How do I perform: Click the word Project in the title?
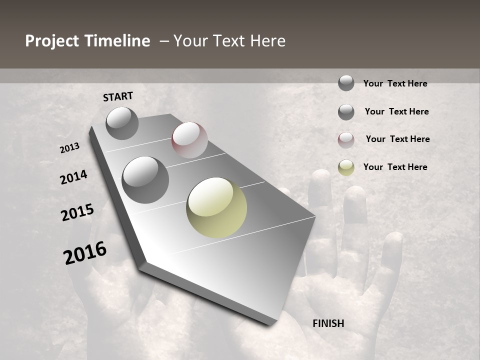(51, 41)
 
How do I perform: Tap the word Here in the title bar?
(267, 41)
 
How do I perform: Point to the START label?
(118, 96)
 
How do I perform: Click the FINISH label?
(328, 323)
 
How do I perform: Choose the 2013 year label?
(69, 148)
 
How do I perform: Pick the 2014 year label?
(73, 177)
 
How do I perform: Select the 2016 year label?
(85, 252)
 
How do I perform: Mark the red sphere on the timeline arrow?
(189, 140)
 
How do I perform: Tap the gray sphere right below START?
(122, 123)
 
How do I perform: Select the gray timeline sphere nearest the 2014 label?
(145, 180)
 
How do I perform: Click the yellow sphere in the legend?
(346, 167)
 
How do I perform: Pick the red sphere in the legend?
(346, 140)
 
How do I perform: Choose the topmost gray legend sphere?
(346, 83)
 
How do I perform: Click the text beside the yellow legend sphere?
(395, 167)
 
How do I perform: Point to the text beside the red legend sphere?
(397, 139)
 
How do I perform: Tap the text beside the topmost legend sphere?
(395, 83)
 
